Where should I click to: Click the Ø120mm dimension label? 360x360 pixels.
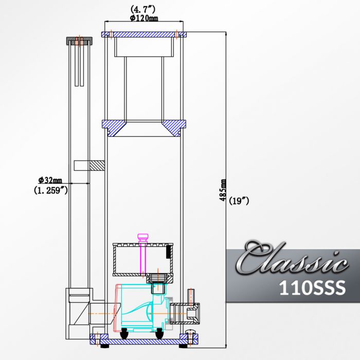[143, 18]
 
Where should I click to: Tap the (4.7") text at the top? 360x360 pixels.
[143, 9]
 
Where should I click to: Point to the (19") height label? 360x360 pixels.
[239, 201]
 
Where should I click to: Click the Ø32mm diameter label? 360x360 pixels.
[50, 180]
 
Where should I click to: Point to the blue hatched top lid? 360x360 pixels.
[143, 34]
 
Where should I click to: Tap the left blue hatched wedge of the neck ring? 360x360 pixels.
[113, 127]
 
